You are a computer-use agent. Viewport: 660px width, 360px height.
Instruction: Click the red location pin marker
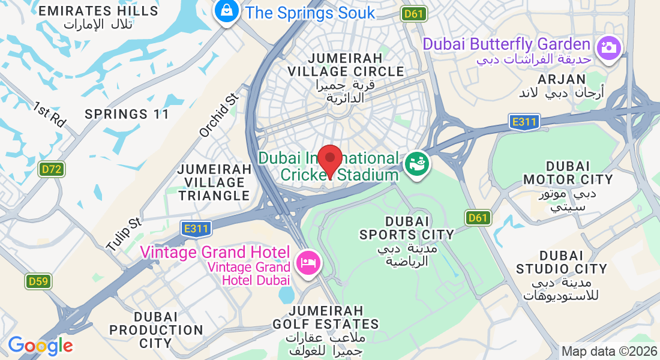(329, 160)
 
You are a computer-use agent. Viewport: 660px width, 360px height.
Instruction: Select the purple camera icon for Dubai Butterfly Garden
(608, 47)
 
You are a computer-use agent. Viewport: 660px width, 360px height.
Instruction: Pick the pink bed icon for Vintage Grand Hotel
(308, 263)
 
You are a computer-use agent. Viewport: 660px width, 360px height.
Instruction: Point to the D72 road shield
(52, 170)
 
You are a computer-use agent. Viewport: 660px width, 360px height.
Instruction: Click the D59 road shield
(38, 281)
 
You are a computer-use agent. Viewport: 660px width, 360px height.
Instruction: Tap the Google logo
(40, 346)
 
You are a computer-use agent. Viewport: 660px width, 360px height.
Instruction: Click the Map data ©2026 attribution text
(608, 351)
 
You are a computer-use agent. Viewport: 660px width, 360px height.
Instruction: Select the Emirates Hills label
(99, 17)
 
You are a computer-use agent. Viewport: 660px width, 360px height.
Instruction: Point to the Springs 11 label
(127, 114)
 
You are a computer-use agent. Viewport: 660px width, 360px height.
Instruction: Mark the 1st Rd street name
(49, 113)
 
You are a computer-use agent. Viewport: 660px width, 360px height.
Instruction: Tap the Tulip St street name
(123, 234)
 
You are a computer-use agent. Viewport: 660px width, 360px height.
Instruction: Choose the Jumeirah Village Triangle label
(214, 182)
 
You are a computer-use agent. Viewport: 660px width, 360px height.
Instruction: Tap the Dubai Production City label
(156, 330)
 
